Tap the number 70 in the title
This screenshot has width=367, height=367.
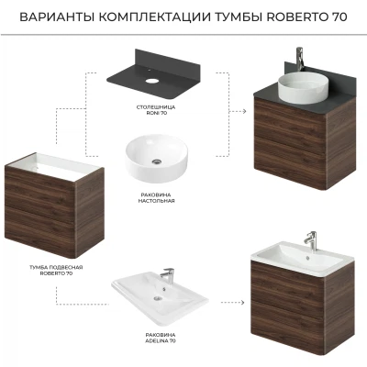(x=339, y=17)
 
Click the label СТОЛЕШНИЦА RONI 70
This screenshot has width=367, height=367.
(x=156, y=110)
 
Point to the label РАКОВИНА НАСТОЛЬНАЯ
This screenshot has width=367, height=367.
(x=156, y=198)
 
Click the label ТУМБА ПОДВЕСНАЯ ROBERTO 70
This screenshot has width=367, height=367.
(x=56, y=271)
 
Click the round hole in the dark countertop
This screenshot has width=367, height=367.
(x=152, y=81)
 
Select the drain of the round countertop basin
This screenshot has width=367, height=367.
(x=157, y=161)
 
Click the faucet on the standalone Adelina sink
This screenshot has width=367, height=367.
(x=167, y=274)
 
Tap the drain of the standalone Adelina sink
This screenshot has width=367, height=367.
(x=158, y=297)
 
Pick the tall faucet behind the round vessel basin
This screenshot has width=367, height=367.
(x=300, y=59)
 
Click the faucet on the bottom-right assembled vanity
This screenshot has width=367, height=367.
(x=312, y=241)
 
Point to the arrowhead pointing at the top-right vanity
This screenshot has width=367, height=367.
(x=244, y=111)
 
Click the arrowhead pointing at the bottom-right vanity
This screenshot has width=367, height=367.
(x=242, y=303)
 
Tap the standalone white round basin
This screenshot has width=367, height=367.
(x=156, y=159)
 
